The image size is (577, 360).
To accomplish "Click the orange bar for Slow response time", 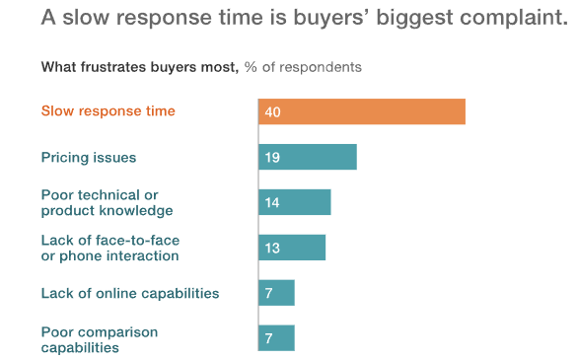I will pyautogui.click(x=362, y=111).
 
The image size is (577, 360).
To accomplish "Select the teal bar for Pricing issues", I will pyautogui.click(x=308, y=157).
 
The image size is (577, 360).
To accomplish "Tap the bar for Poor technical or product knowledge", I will pyautogui.click(x=295, y=202).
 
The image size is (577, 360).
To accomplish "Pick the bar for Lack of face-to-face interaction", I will pyautogui.click(x=292, y=248).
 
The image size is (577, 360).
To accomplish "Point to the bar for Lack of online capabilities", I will pyautogui.click(x=277, y=293).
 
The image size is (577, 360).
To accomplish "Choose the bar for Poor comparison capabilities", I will pyautogui.click(x=277, y=338).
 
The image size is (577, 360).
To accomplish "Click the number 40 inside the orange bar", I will pyautogui.click(x=273, y=112).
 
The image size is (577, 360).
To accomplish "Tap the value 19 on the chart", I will pyautogui.click(x=272, y=158).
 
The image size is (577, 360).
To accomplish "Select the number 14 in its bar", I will pyautogui.click(x=272, y=203).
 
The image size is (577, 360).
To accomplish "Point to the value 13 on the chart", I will pyautogui.click(x=272, y=249).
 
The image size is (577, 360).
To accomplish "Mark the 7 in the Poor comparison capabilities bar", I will pyautogui.click(x=269, y=339).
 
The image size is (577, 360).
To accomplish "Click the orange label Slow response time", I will pyautogui.click(x=108, y=111).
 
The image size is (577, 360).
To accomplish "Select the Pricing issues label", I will pyautogui.click(x=89, y=157).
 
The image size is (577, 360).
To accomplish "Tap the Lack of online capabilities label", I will pyautogui.click(x=129, y=293).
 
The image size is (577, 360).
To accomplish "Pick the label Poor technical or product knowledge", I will pyautogui.click(x=107, y=203).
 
